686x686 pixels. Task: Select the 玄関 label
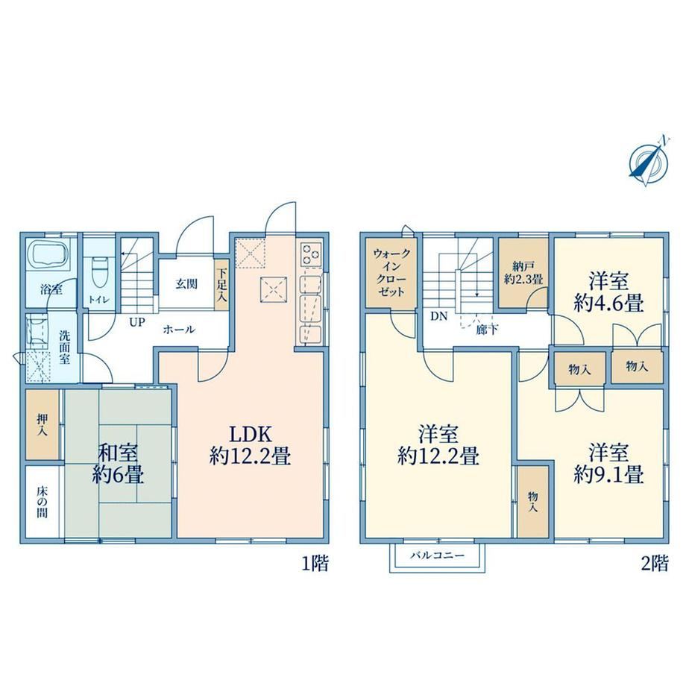[x=186, y=284]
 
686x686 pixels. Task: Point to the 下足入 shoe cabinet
[x=221, y=286]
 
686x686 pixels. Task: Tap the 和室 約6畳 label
[x=118, y=464]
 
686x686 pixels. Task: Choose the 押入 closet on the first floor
[x=42, y=424]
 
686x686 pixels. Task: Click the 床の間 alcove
[x=42, y=502]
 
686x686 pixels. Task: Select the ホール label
[x=178, y=330]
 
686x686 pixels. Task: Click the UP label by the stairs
[x=136, y=323]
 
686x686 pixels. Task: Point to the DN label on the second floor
[x=438, y=316]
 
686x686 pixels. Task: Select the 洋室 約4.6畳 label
[x=608, y=292]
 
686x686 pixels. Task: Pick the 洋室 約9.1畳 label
[x=608, y=464]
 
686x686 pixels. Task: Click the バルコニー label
[x=437, y=556]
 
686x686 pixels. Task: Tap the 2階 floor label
[x=655, y=563]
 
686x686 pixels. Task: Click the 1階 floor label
[x=315, y=563]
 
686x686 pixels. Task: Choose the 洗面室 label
[x=64, y=347]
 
